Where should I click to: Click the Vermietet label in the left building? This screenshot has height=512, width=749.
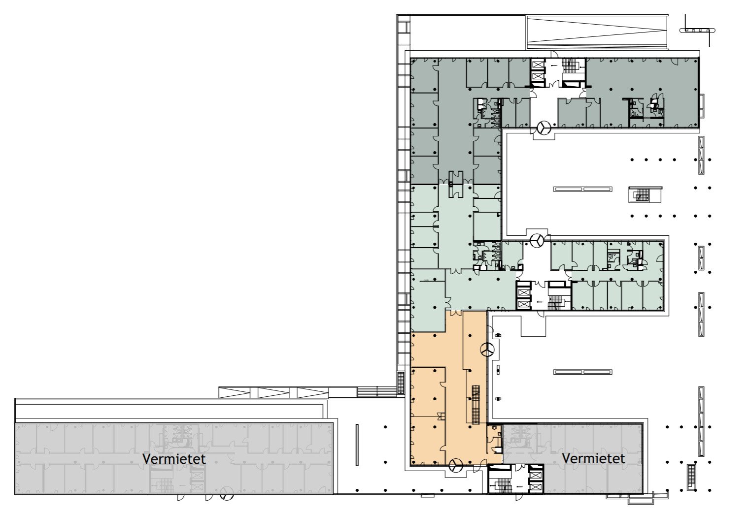[174, 459]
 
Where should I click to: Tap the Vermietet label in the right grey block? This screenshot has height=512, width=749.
[593, 458]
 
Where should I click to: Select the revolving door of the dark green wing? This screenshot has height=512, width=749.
[544, 127]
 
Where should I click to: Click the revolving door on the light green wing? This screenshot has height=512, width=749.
[537, 240]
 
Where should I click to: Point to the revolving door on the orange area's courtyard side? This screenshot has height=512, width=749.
[487, 350]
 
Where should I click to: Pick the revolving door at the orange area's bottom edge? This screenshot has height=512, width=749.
[456, 465]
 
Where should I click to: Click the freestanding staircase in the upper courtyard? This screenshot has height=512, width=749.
[645, 194]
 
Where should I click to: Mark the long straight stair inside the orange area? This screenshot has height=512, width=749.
[476, 405]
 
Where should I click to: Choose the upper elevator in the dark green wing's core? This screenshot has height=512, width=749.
[538, 64]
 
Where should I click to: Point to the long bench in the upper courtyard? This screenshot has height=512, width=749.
[583, 189]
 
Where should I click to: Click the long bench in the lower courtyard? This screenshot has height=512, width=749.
[583, 372]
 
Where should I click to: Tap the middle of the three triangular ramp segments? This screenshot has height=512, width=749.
[273, 392]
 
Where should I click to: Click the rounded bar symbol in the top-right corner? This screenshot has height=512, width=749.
[698, 31]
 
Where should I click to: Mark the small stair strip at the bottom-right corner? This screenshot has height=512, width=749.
[691, 477]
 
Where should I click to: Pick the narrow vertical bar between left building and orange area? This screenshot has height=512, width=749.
[357, 445]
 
